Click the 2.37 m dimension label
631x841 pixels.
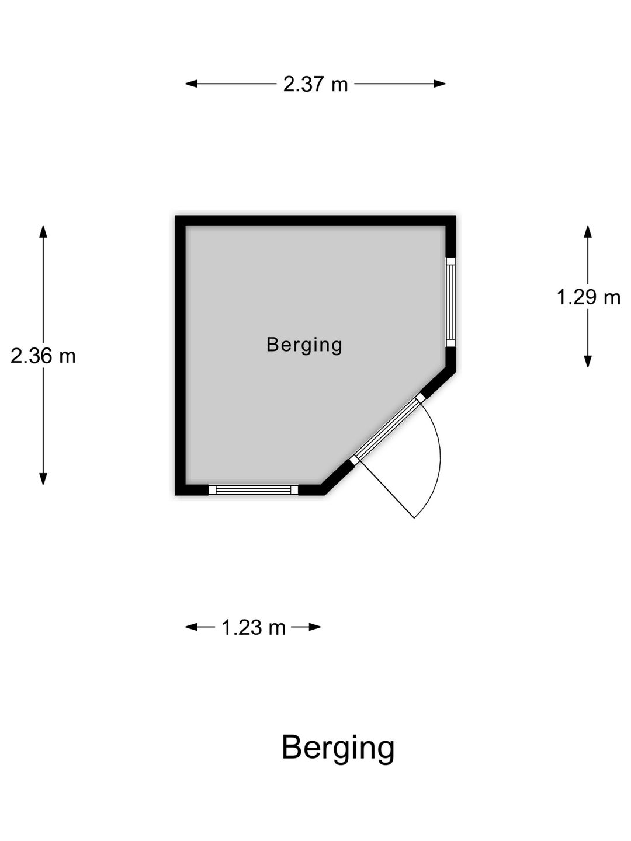[x=315, y=84]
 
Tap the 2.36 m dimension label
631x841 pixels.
[x=43, y=356]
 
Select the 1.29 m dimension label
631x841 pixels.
[x=588, y=297]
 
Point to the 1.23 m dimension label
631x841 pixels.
[x=254, y=628]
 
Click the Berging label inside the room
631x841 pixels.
[x=304, y=345]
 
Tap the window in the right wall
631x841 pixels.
[x=450, y=302]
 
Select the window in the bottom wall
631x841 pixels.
[x=253, y=490]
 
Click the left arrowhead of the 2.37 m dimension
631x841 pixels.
[x=191, y=84]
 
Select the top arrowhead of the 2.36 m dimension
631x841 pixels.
[x=43, y=232]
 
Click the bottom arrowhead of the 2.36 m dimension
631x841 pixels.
[x=43, y=478]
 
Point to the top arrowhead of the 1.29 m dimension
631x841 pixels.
[x=588, y=232]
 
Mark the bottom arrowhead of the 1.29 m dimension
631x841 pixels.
[x=588, y=362]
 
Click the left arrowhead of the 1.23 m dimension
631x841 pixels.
[x=191, y=627]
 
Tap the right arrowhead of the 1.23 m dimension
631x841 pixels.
[x=314, y=627]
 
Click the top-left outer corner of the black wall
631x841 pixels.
[x=175, y=216]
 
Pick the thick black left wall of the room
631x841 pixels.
[x=181, y=356]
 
